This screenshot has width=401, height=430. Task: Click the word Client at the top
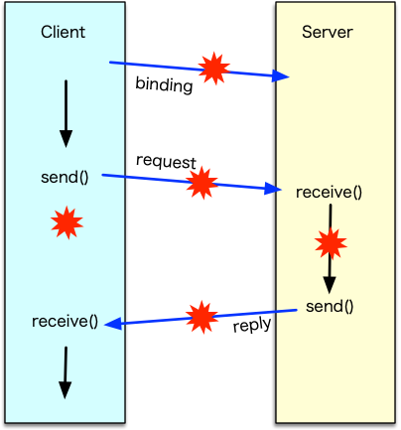[x=63, y=32]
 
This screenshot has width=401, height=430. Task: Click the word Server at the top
[x=328, y=32]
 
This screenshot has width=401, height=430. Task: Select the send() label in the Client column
[x=65, y=178]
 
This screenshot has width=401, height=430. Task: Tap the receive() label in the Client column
[x=65, y=321]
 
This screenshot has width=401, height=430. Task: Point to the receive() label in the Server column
[x=329, y=192]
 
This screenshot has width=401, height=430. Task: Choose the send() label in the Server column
[x=330, y=305]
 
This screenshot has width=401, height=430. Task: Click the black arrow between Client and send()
[x=67, y=112]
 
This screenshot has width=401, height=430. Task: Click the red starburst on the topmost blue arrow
[x=212, y=69]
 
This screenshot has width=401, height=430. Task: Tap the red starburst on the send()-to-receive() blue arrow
[x=201, y=183]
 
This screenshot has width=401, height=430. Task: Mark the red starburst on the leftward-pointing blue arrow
[x=201, y=317]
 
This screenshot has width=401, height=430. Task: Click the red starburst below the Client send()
[x=66, y=222]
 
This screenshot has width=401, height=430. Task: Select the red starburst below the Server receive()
[x=330, y=242]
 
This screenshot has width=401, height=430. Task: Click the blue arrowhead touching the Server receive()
[x=274, y=190]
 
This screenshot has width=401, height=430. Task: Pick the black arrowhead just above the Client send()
[x=67, y=139]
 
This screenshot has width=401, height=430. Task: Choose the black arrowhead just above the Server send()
[x=330, y=283]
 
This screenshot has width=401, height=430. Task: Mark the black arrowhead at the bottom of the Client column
[x=65, y=390]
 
